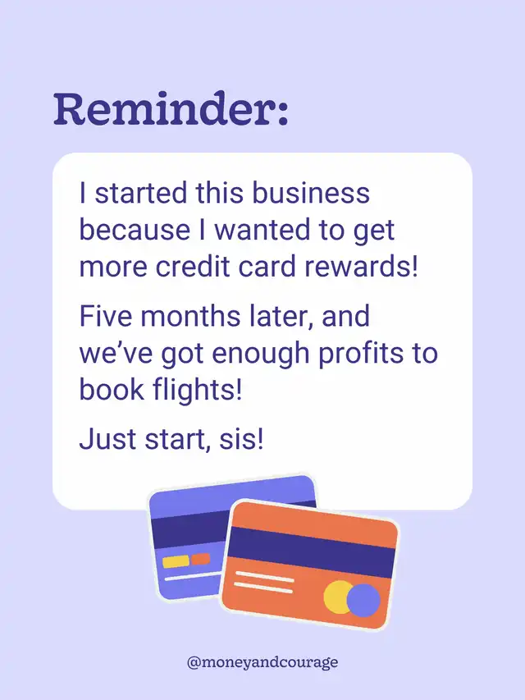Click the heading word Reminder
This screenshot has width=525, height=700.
click(x=171, y=109)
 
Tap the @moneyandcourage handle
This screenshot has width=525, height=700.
click(x=262, y=661)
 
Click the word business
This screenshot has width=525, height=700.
click(x=311, y=193)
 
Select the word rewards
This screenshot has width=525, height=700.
click(x=362, y=266)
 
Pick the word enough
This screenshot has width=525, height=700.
click(x=260, y=354)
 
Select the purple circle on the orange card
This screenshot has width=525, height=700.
click(x=363, y=601)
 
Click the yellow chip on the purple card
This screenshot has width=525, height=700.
click(x=176, y=561)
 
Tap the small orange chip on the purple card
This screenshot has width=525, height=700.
click(x=200, y=559)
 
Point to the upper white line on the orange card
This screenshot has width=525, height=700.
click(x=265, y=576)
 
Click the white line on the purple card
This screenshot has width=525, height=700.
click(x=193, y=576)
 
